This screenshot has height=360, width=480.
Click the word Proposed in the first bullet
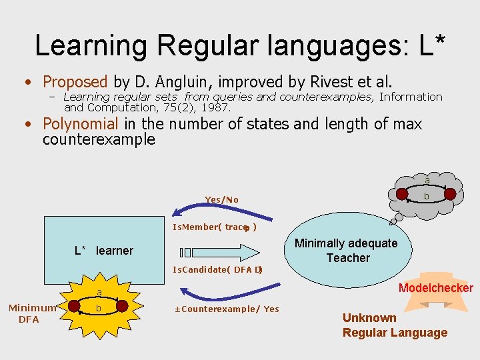[75, 82]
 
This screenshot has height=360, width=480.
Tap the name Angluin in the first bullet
[178, 82]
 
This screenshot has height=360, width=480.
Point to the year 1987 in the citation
[217, 107]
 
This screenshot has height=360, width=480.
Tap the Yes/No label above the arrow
[221, 200]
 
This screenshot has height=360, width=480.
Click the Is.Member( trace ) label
[215, 227]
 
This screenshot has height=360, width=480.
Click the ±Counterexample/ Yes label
[227, 309]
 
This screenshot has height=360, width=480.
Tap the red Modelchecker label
[435, 288]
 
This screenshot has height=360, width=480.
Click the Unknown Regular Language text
[395, 325]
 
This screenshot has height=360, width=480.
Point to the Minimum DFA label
[29, 313]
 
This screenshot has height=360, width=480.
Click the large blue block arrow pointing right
[227, 251]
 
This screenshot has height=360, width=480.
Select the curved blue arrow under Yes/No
[220, 212]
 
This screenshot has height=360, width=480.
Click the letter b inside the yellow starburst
[99, 309]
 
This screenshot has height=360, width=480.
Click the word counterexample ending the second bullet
[99, 139]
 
